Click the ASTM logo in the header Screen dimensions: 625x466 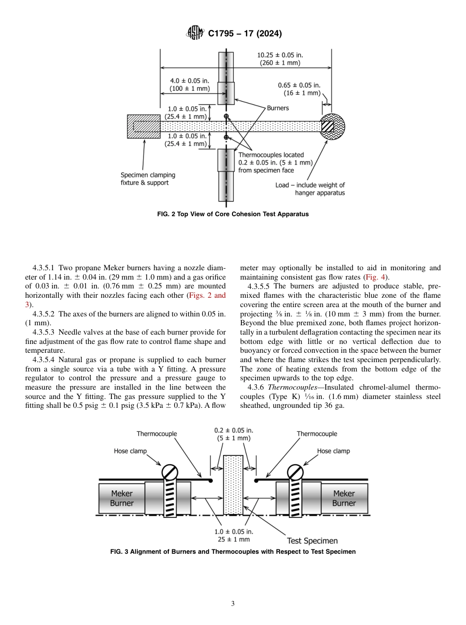coord(195,33)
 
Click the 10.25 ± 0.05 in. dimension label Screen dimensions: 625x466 coord(280,59)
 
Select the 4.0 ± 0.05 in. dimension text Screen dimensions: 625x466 coord(190,85)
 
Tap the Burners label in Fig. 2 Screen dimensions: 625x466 coord(278,108)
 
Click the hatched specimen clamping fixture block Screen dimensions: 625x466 coord(143,126)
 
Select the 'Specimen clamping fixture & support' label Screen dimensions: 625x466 coord(148,179)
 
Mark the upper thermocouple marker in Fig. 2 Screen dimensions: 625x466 coord(226,116)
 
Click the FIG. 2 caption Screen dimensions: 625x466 coord(233,214)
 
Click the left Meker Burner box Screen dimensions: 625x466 coord(121,498)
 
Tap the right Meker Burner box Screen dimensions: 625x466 coord(344,498)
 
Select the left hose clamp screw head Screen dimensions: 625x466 coord(170,472)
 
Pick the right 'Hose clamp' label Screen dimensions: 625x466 coord(333,451)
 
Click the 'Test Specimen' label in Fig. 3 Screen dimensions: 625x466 coord(312,541)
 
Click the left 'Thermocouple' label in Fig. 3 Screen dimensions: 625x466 coord(156,434)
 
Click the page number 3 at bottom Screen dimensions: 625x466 coord(233,604)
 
